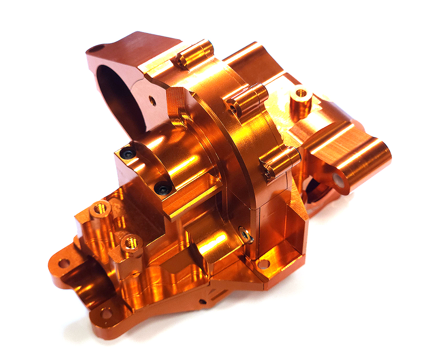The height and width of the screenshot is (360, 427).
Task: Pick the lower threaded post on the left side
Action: tap(131, 243)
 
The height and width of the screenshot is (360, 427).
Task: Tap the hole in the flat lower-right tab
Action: tap(263, 264)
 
